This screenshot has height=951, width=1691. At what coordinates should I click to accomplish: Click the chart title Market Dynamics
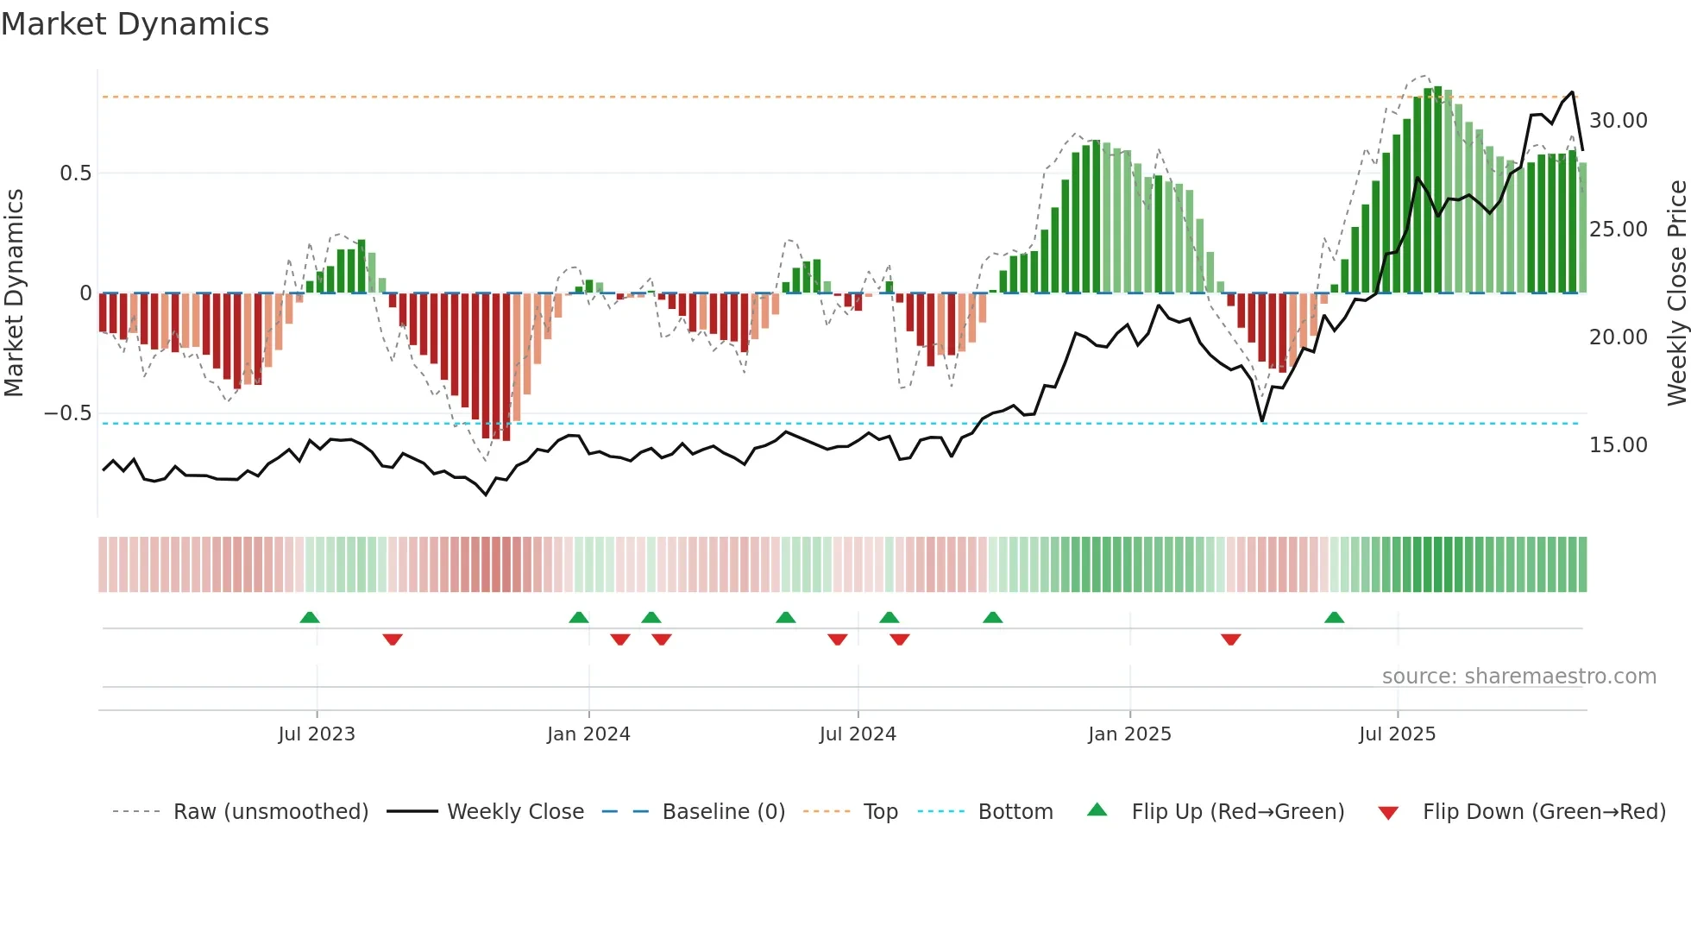pyautogui.click(x=135, y=24)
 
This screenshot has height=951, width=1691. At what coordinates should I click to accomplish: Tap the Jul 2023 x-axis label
pyautogui.click(x=317, y=734)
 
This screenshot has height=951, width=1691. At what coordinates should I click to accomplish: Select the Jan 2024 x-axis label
pyautogui.click(x=588, y=734)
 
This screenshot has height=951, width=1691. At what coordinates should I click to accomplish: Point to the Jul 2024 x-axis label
pyautogui.click(x=858, y=734)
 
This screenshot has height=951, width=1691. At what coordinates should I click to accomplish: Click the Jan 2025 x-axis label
pyautogui.click(x=1129, y=734)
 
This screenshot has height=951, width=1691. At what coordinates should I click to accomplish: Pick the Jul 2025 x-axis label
pyautogui.click(x=1397, y=734)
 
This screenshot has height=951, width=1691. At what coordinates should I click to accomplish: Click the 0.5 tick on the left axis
pyautogui.click(x=75, y=173)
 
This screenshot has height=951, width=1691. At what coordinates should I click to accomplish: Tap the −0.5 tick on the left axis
pyautogui.click(x=68, y=413)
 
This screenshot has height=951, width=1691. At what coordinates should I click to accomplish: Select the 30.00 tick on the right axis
pyautogui.click(x=1618, y=121)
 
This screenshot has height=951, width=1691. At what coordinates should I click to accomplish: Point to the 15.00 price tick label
pyautogui.click(x=1618, y=445)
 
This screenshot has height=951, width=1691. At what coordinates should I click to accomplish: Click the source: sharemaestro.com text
pyautogui.click(x=1518, y=677)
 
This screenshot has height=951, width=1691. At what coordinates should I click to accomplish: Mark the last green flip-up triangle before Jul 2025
pyautogui.click(x=1334, y=618)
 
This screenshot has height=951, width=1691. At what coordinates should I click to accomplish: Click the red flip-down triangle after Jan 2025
pyautogui.click(x=1231, y=639)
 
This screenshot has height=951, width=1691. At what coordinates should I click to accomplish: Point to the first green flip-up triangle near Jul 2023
pyautogui.click(x=310, y=618)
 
